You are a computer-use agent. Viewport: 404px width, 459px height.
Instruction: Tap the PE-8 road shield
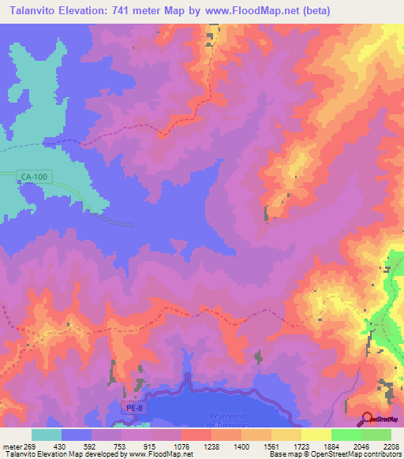(x=135, y=408)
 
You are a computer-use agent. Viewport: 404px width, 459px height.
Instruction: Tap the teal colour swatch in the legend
(x=47, y=435)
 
